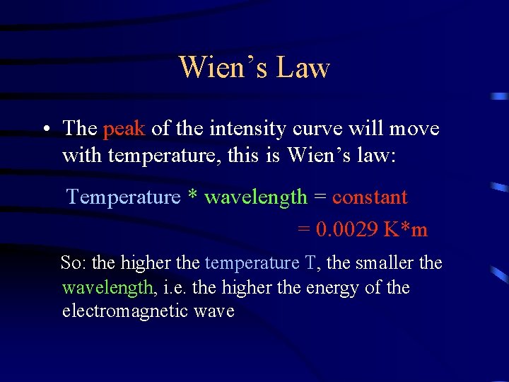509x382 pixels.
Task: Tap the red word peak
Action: click(124, 129)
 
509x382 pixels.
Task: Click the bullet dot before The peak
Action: click(45, 129)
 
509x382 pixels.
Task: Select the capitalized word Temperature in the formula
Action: click(124, 197)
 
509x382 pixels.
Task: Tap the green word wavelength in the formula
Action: click(256, 197)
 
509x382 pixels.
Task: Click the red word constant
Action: click(370, 197)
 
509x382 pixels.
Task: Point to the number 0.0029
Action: click(346, 230)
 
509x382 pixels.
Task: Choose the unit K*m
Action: click(406, 230)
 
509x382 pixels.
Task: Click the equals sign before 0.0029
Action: click(304, 230)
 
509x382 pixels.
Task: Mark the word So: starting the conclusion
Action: click(74, 263)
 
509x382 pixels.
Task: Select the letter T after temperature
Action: click(310, 263)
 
